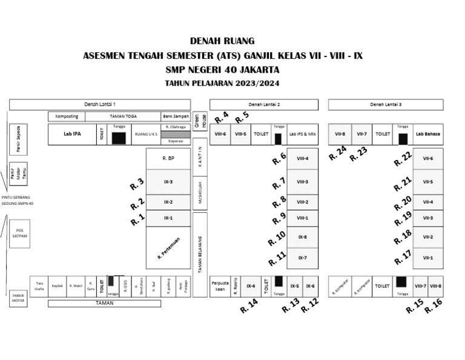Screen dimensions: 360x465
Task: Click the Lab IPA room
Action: click(x=72, y=135)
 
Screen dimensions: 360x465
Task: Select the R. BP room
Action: click(x=168, y=158)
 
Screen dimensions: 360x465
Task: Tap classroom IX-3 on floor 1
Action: click(x=168, y=181)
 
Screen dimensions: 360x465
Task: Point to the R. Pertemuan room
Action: click(x=168, y=247)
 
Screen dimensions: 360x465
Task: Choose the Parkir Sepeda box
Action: click(x=19, y=140)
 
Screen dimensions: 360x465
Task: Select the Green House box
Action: click(x=200, y=121)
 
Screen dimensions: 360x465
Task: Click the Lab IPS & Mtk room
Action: click(x=302, y=134)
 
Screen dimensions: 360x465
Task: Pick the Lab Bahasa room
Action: click(x=428, y=134)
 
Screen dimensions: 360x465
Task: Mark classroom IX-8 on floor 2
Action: click(x=302, y=237)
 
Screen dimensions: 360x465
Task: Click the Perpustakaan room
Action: click(x=219, y=285)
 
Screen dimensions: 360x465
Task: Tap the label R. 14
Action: click(x=249, y=306)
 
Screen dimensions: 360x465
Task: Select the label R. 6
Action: click(x=279, y=158)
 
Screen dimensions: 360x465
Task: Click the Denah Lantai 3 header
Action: click(x=386, y=104)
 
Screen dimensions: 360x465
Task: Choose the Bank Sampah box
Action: click(x=176, y=116)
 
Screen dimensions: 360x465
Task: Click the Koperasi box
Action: click(x=176, y=141)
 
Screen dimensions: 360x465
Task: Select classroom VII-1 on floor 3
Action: click(x=428, y=258)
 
